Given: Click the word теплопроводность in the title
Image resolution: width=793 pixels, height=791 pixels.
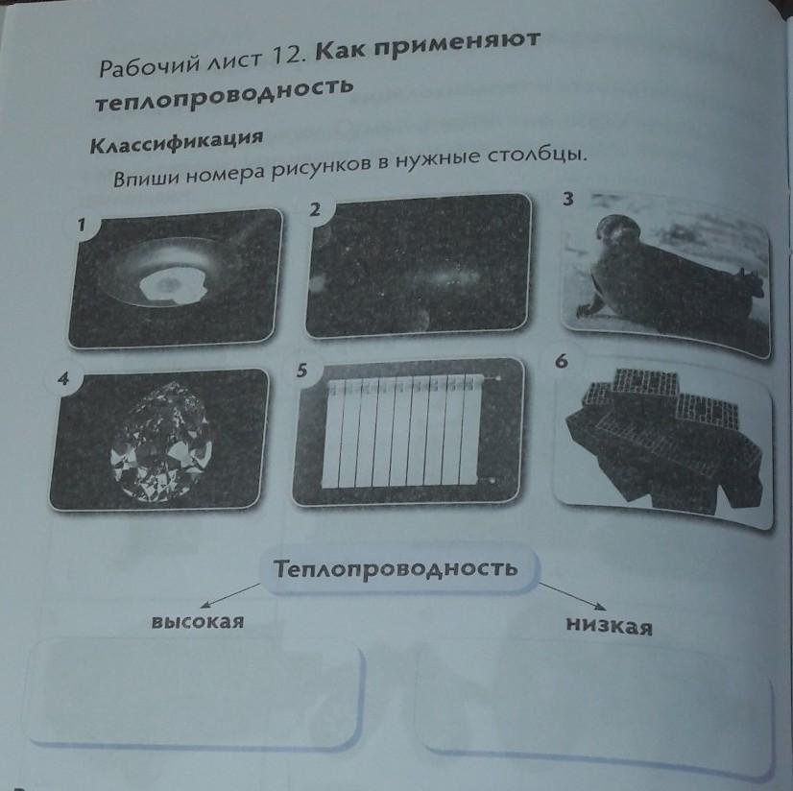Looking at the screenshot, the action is click(224, 96).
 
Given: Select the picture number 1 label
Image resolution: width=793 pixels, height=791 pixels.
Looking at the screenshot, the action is click(82, 225).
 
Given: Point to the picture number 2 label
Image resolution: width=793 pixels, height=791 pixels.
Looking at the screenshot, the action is click(315, 209).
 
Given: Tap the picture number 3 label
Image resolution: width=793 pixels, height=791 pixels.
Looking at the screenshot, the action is click(568, 200).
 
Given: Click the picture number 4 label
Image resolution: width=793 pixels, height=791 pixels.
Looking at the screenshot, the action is click(62, 379).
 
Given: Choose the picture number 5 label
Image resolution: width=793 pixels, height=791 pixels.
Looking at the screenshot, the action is click(301, 371).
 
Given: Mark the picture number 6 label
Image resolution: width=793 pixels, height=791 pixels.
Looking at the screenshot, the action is click(562, 361).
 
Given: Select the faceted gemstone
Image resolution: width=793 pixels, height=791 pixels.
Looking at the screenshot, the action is click(161, 442).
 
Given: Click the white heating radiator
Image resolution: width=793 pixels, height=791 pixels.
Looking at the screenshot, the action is click(408, 431).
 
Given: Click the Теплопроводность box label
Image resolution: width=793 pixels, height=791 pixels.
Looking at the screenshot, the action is click(396, 568).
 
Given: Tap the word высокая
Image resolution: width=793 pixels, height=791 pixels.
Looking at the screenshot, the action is click(198, 621).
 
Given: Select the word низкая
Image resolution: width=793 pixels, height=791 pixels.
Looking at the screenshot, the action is click(609, 625).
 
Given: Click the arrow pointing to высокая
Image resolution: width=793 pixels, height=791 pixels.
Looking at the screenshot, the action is click(230, 595).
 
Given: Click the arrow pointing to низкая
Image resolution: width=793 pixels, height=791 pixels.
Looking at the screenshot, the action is click(572, 595).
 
